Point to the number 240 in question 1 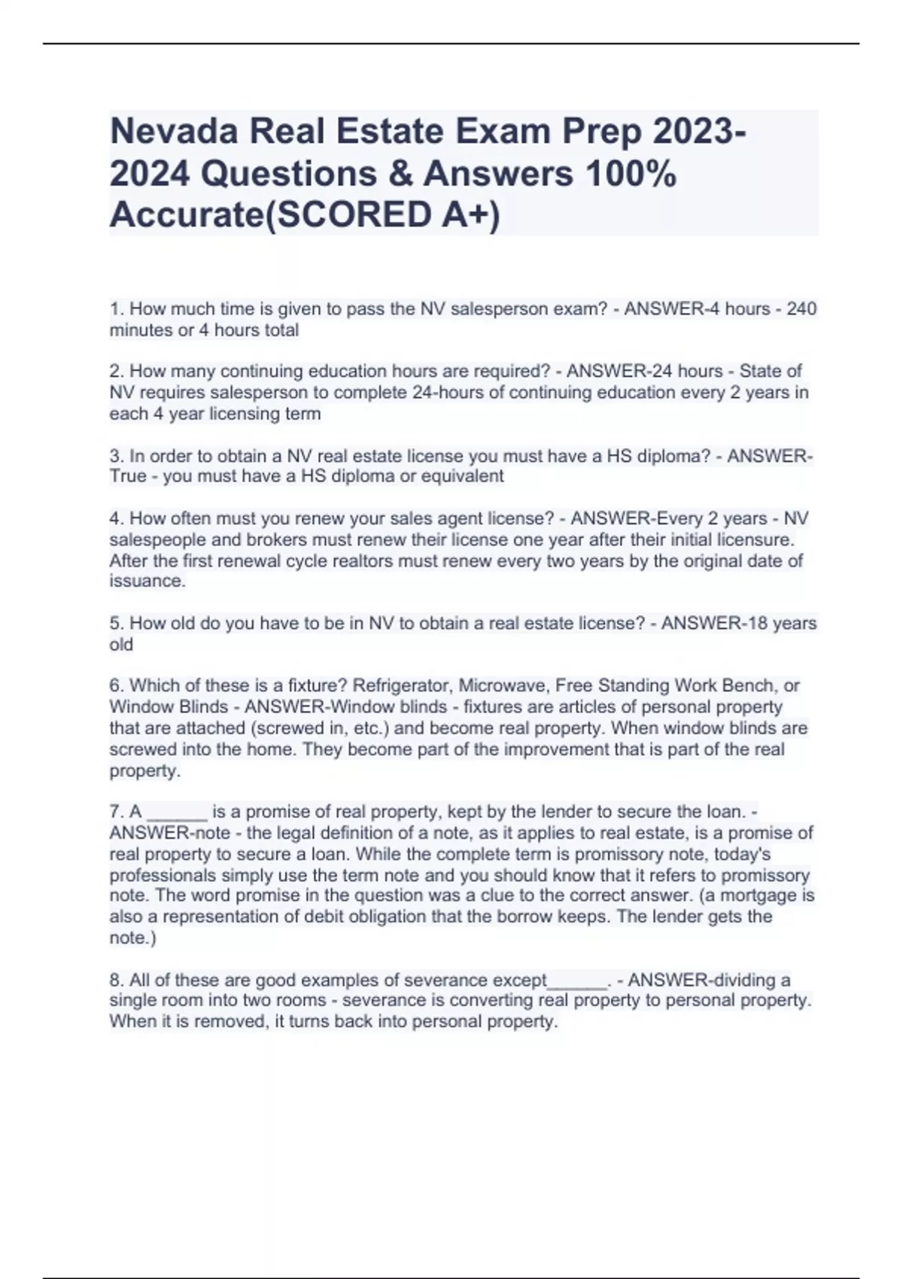[801, 309]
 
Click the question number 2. [116, 372]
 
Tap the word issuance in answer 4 [147, 582]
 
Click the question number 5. [116, 624]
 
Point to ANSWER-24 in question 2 [607, 372]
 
